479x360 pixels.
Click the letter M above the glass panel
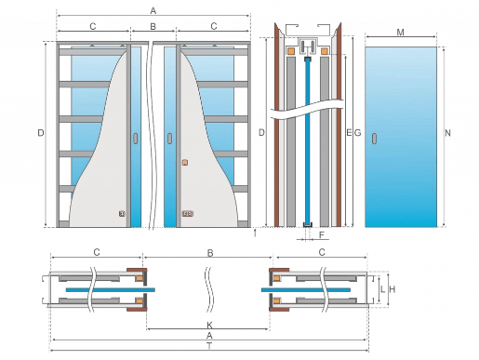click(x=400, y=33)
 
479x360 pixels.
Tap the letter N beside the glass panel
click(x=447, y=133)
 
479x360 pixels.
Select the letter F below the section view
click(x=322, y=235)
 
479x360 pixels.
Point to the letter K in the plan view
click(x=209, y=325)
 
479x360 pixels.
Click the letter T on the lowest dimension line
click(x=209, y=346)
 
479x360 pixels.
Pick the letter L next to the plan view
click(x=382, y=289)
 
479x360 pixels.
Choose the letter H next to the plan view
click(x=393, y=289)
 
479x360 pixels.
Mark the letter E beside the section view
click(x=349, y=133)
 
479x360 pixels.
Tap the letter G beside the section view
click(x=357, y=133)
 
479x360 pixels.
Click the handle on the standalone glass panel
click(x=375, y=139)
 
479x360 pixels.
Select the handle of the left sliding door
click(x=136, y=139)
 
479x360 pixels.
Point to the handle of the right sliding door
click(x=170, y=139)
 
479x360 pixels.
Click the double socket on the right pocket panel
click(x=187, y=214)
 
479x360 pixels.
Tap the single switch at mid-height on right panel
click(x=185, y=163)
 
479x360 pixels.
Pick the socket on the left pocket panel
click(x=122, y=214)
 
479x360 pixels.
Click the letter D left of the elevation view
click(x=41, y=133)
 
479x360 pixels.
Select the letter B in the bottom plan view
click(x=210, y=253)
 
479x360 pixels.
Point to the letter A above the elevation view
click(x=153, y=11)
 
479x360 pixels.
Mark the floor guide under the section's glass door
click(x=307, y=226)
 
